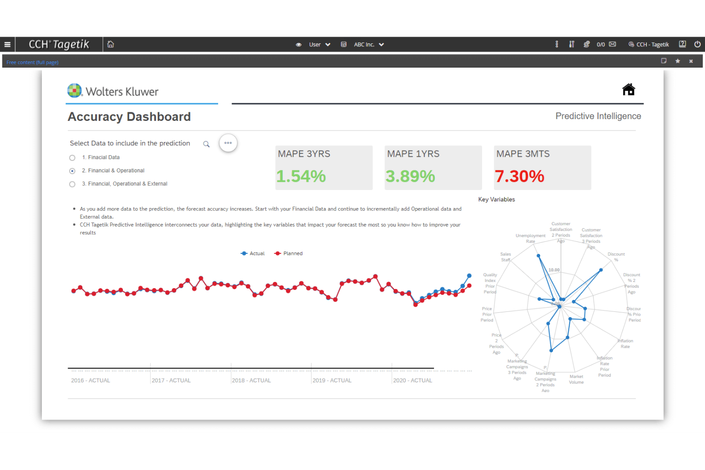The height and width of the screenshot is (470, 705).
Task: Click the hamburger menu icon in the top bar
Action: [7, 44]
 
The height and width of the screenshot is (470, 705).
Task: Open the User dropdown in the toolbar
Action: [320, 44]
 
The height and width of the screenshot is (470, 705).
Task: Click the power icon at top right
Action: [697, 44]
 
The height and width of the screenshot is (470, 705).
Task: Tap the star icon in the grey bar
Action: [677, 61]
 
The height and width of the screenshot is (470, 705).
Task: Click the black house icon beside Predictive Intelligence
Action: [628, 90]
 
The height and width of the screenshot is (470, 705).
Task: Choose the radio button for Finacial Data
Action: [72, 158]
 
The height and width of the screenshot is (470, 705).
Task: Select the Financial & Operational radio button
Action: [72, 171]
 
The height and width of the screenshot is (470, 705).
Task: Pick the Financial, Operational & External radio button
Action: [72, 184]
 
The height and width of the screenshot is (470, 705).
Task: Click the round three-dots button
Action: [228, 143]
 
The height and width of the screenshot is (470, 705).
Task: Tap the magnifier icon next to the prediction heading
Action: [206, 144]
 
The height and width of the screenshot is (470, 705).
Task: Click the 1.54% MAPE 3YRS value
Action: [301, 176]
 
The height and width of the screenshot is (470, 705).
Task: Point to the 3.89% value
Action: [410, 176]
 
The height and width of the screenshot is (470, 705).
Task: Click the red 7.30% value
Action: [519, 176]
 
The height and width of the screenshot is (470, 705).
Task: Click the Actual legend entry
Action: [253, 253]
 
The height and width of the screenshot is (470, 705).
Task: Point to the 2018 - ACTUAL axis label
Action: [251, 380]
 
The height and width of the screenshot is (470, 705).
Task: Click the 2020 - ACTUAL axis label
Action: [413, 380]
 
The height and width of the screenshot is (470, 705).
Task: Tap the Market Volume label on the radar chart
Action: [576, 380]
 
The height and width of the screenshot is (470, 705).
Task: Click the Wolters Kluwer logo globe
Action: [74, 90]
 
